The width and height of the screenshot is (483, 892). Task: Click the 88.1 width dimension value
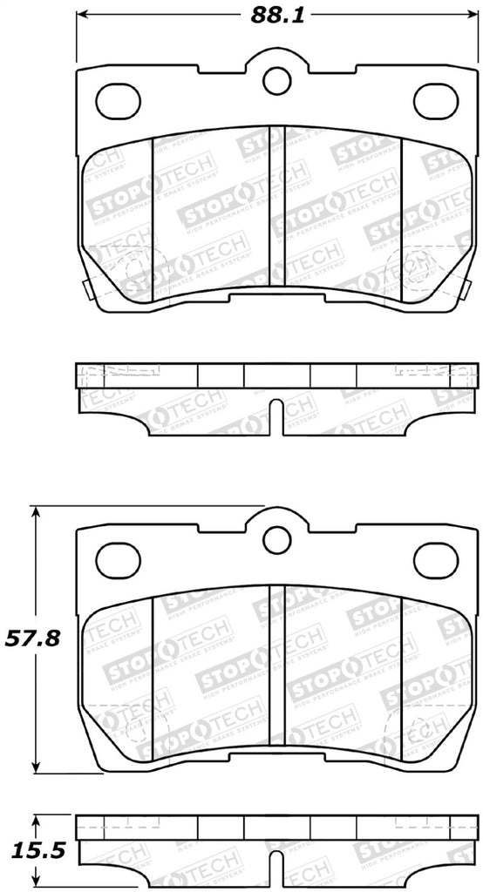(277, 15)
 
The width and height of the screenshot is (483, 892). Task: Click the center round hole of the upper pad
(277, 81)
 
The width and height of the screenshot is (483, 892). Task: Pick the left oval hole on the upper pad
(118, 101)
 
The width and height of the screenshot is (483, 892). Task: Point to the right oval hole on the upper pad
(436, 101)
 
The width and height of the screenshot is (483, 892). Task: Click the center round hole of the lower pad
(277, 538)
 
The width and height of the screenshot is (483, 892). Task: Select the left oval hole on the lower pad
(118, 558)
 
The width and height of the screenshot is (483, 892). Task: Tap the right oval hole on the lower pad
(436, 558)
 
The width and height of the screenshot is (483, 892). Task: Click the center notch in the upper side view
(277, 416)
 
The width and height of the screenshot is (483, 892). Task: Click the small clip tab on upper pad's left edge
(81, 289)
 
